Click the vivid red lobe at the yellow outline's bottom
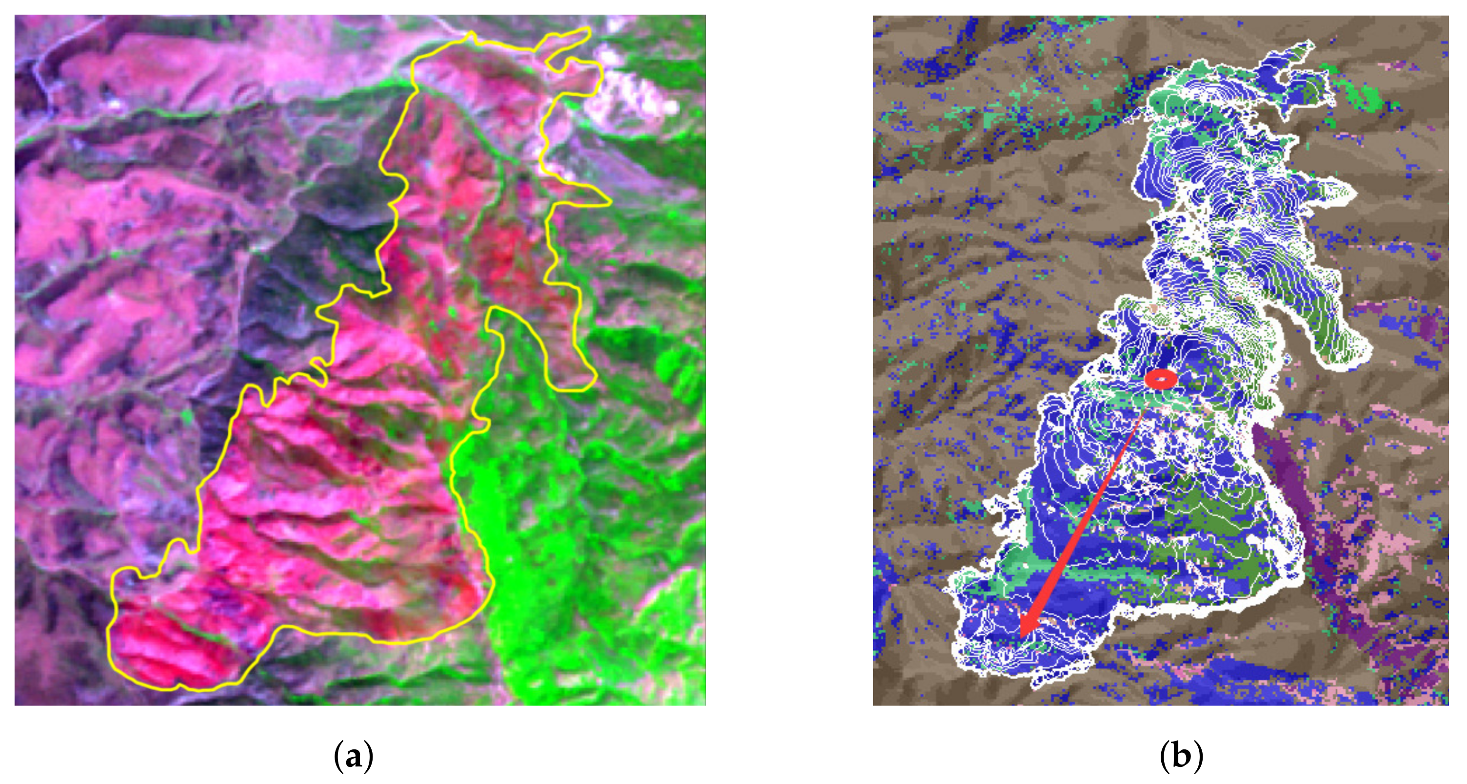coord(165,655)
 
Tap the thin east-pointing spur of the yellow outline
coord(598,199)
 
